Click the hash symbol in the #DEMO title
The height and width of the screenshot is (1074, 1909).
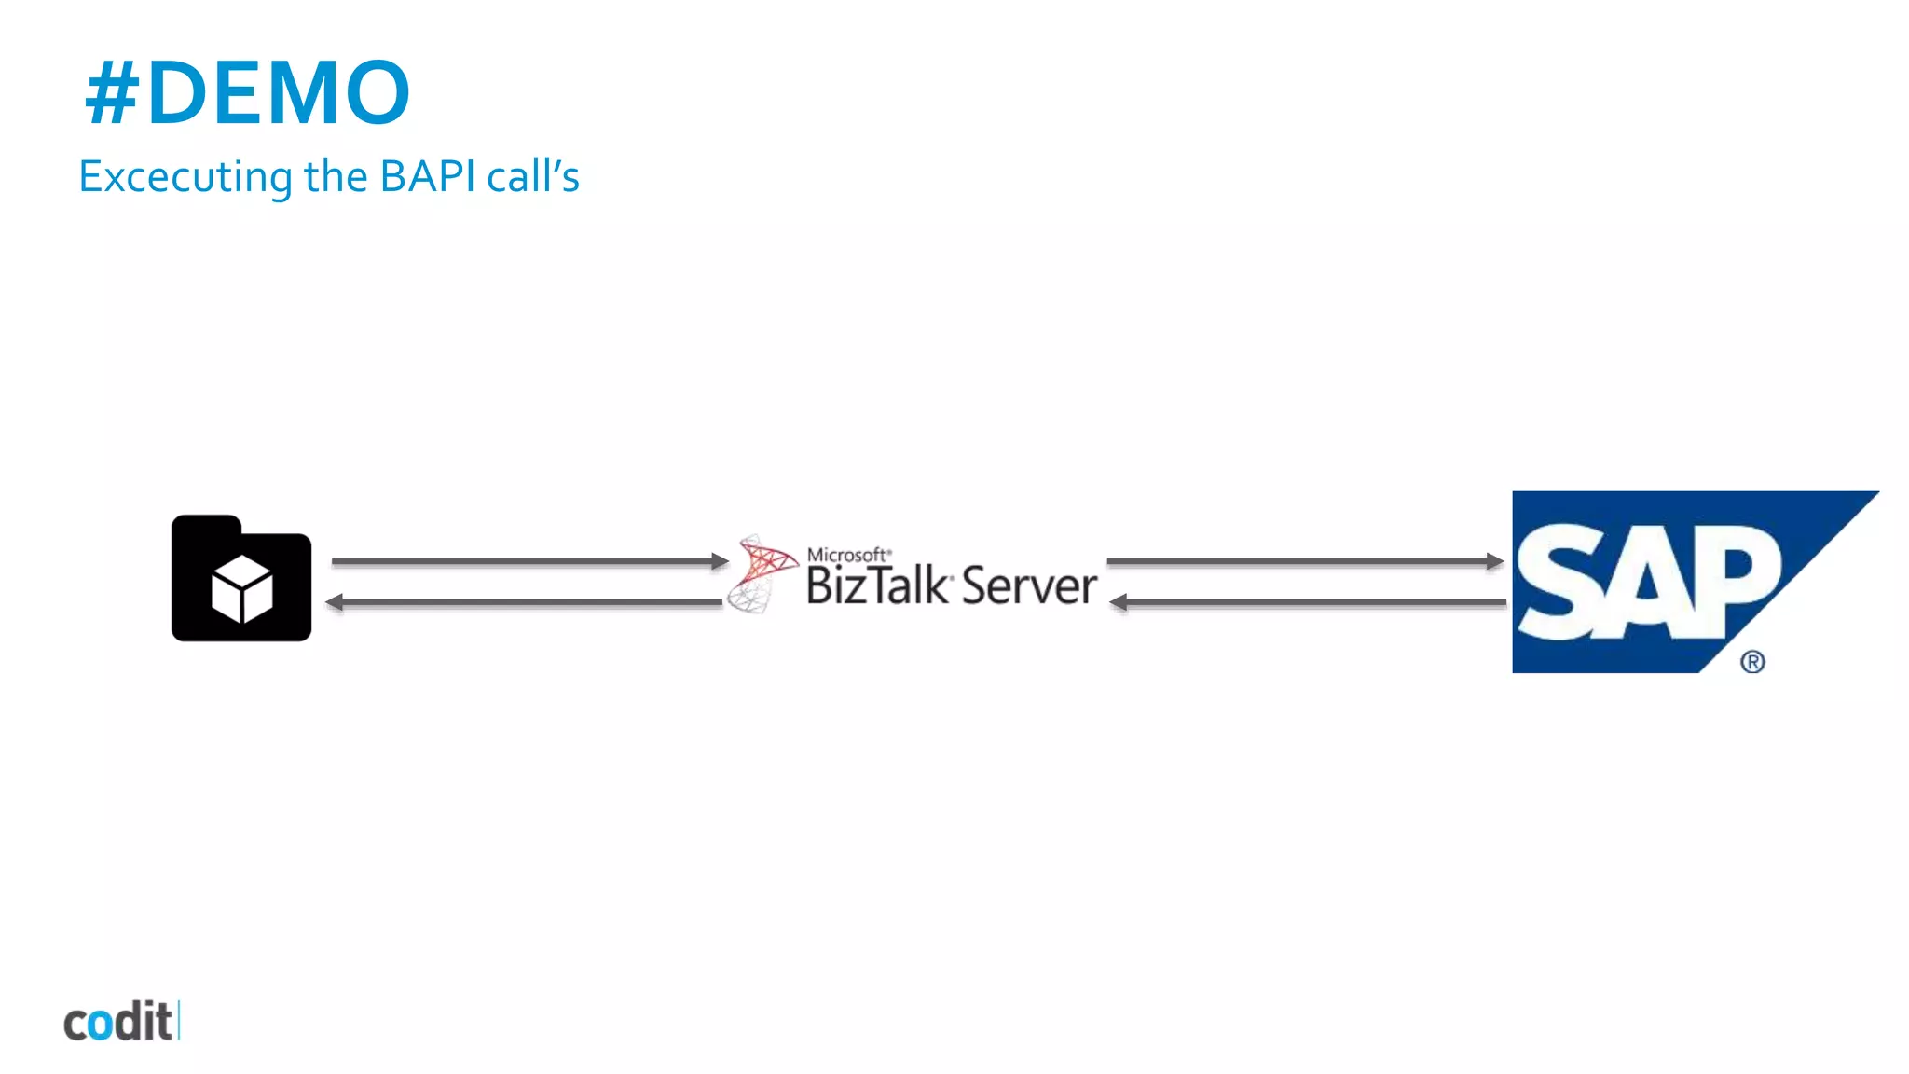pyautogui.click(x=112, y=93)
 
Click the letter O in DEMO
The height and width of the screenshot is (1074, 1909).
pyautogui.click(x=370, y=93)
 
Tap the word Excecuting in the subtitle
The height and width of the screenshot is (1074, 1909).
pyautogui.click(x=185, y=177)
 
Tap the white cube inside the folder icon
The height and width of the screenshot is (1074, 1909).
pyautogui.click(x=242, y=589)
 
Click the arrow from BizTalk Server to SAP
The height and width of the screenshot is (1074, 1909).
pyautogui.click(x=1305, y=561)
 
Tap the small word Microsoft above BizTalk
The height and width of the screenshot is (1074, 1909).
pyautogui.click(x=846, y=555)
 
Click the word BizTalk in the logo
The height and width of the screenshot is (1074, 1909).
pyautogui.click(x=876, y=586)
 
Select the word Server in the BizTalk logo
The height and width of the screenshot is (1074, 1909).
pyautogui.click(x=1029, y=586)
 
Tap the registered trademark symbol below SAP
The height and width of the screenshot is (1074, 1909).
pyautogui.click(x=1752, y=662)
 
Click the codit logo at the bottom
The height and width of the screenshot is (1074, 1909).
pyautogui.click(x=119, y=1022)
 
